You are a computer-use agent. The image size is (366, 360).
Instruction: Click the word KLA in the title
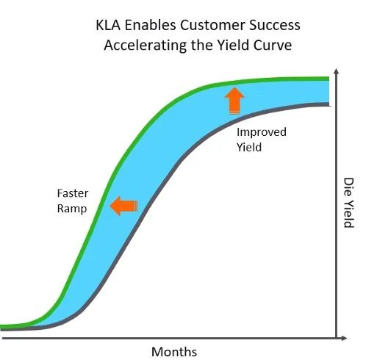coord(108,25)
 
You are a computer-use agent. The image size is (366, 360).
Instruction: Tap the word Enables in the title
coord(150,25)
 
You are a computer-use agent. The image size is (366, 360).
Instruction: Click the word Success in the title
coord(275,25)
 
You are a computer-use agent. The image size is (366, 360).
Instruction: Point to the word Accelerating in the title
coord(146,46)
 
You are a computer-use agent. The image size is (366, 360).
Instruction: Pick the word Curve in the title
coord(273,45)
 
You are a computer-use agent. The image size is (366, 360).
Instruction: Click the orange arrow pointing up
coord(234,101)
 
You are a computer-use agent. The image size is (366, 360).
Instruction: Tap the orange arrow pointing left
coord(124,206)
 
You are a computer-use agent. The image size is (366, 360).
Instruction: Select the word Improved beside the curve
coord(262,132)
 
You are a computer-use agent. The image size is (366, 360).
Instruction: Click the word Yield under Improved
coord(249,147)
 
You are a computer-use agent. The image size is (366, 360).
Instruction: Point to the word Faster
coord(73,193)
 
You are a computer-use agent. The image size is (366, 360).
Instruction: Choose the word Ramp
coord(72,209)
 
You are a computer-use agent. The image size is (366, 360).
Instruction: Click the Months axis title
coord(174,352)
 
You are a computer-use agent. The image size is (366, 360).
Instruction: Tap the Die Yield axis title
coord(348,203)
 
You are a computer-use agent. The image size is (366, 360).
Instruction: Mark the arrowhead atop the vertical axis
coord(337,71)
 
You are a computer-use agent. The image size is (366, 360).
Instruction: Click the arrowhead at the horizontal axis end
coord(344,338)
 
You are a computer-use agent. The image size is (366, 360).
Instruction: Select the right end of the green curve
coord(329,79)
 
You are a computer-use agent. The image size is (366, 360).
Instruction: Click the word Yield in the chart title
coord(234,45)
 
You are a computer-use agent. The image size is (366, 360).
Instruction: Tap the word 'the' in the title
coord(202,45)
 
